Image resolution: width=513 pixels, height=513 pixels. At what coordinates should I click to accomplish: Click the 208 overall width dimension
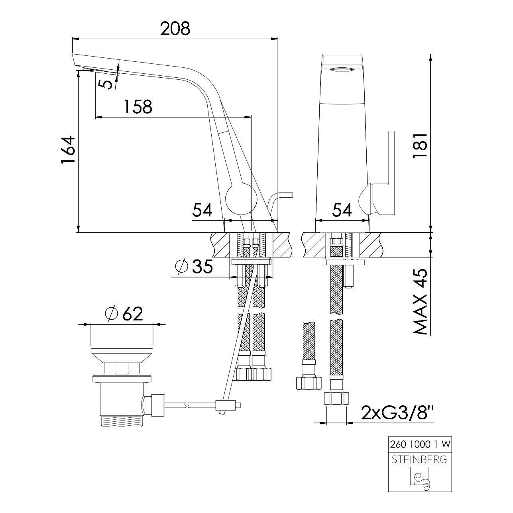[175, 29]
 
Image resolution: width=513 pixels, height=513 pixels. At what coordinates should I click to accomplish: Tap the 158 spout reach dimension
[138, 107]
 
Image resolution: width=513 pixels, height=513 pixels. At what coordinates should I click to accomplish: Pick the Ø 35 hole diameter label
[194, 267]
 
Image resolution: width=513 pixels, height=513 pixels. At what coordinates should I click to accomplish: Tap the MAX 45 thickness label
[420, 301]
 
